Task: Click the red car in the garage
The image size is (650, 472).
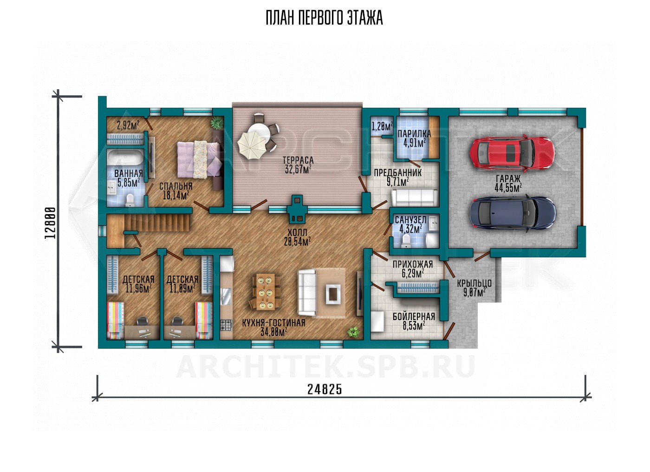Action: coord(512,153)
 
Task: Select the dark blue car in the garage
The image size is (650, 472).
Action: coord(513,213)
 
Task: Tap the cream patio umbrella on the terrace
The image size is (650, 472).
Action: coord(252,144)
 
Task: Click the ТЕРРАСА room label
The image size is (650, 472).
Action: coord(298,160)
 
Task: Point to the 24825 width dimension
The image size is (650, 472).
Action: coord(325,389)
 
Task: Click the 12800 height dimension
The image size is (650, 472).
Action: coord(50,223)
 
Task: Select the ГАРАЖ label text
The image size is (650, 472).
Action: coord(508,178)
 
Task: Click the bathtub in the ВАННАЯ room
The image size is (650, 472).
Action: coord(125,159)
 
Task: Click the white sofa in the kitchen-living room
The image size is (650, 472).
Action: coord(306,292)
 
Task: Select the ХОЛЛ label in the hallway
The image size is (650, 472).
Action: coord(297,233)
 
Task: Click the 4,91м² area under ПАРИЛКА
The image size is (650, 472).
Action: coord(414,143)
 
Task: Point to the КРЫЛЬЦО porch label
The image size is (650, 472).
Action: coord(474,283)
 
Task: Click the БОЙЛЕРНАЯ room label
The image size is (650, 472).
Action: coord(414,316)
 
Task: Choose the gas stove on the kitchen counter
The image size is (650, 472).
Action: coord(226,325)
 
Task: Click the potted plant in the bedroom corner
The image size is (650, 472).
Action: coord(217,123)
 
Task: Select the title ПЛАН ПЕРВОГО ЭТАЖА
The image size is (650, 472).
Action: coord(325,18)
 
